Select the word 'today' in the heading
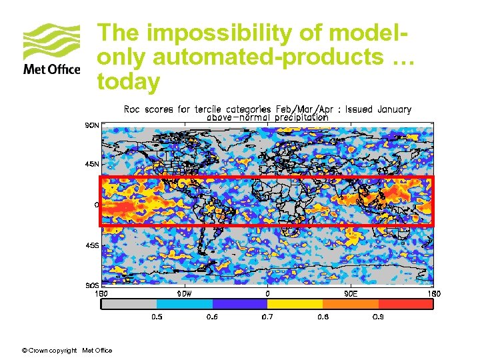tap(129, 81)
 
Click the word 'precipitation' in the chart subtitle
tap(297, 117)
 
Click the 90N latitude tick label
tap(91, 124)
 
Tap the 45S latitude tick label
tap(91, 245)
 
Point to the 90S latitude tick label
tap(91, 285)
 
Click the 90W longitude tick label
tap(184, 293)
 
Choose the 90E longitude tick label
tap(351, 293)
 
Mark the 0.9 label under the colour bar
tap(378, 317)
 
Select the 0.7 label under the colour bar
tap(267, 317)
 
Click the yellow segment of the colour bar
tap(295, 304)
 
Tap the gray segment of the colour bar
tap(128, 304)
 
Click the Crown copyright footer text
tap(67, 351)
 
